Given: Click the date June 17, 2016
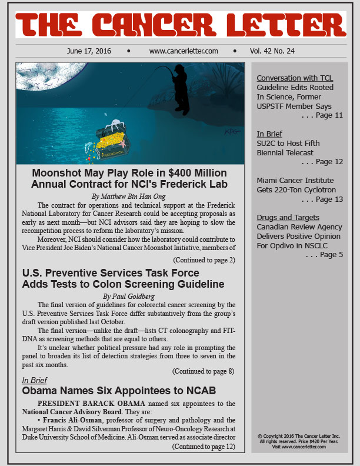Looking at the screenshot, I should coord(89,51).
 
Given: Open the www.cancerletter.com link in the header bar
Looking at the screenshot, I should coord(184,51).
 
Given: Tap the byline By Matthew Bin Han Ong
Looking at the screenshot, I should coord(130,195).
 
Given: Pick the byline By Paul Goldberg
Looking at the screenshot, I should coord(130,296).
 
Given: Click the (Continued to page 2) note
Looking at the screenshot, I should coord(204,259).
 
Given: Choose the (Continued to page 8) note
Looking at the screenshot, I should coord(204,371).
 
